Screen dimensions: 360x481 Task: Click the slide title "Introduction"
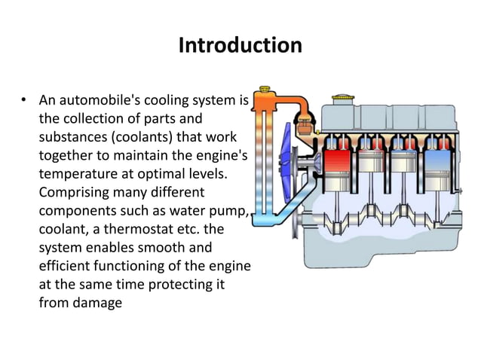click(240, 45)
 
